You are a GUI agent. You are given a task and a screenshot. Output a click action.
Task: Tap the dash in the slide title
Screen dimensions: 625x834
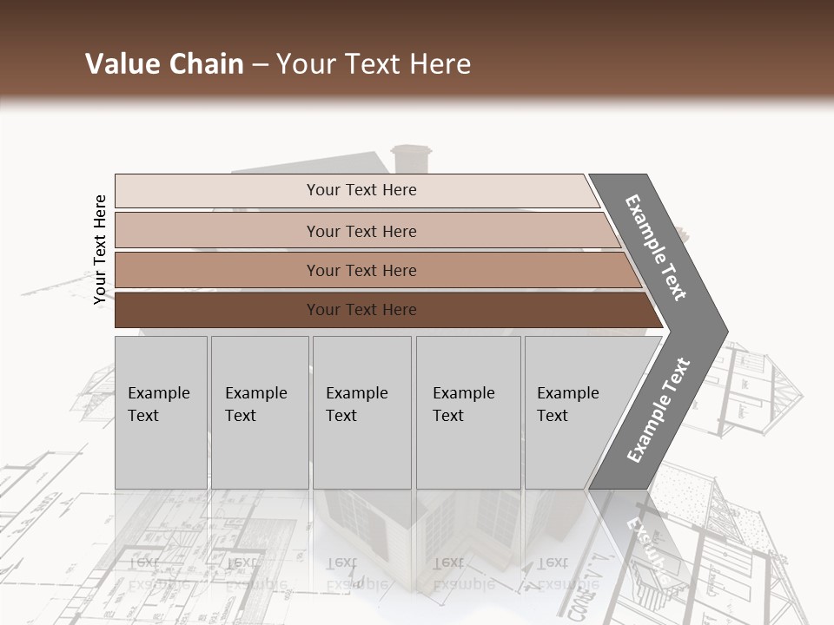click(260, 65)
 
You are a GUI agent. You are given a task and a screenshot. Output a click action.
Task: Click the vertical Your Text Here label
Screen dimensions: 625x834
click(100, 249)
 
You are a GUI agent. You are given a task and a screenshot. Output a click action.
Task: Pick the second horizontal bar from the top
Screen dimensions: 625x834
click(361, 231)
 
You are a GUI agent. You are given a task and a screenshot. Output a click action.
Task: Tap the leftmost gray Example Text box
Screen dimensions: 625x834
click(161, 411)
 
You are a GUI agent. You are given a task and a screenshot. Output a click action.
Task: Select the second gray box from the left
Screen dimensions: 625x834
click(259, 411)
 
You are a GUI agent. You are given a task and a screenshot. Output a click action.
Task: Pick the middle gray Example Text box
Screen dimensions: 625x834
click(361, 411)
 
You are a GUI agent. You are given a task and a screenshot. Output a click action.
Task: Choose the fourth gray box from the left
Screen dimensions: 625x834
click(468, 411)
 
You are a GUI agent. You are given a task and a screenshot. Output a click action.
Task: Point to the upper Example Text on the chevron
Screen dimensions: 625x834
click(656, 247)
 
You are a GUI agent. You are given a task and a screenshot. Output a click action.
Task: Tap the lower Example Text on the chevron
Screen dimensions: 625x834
click(659, 410)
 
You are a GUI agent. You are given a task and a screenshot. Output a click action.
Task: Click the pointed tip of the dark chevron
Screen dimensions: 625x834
click(724, 332)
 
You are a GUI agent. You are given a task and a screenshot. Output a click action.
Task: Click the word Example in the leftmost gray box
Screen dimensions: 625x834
click(158, 393)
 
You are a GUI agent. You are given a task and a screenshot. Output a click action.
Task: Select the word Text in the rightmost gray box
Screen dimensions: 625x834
click(552, 416)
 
